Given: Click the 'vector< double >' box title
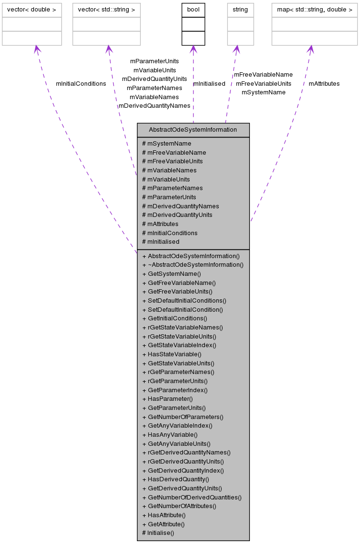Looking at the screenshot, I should pos(32,9).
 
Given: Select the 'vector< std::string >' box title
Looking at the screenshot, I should pos(106,9).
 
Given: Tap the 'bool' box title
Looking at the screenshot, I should pos(193,9).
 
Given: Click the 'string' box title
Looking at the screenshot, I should pos(240,9).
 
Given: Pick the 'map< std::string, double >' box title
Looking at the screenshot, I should pos(315,9).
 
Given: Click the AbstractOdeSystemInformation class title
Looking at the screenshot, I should pos(193,130).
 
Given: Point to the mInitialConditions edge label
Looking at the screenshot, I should pos(81,84).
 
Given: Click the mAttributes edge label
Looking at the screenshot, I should pos(324,84).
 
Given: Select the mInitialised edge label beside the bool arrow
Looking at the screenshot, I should pos(209,84).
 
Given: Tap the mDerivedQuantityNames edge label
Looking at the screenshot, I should pos(155,106).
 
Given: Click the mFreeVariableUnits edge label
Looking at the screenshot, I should pos(263,84).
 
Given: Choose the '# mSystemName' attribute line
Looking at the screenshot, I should pos(167,144).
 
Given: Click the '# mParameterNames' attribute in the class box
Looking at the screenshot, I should pos(172,188).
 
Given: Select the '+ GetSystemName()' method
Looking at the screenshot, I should pos(171,274).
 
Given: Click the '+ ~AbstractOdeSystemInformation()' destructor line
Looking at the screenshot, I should pos(193,265).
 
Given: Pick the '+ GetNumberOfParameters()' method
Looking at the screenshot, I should pos(182,417).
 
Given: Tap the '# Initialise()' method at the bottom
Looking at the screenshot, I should pos(158,533).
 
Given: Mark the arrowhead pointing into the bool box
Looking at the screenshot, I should pos(193,49).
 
